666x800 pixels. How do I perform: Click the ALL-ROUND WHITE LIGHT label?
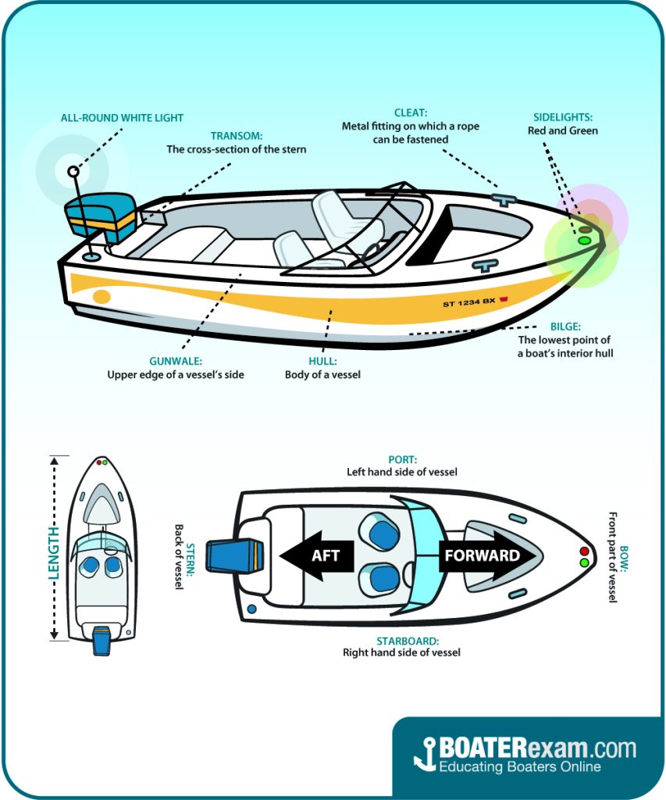tap(122, 118)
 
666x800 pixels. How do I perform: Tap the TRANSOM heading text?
tap(236, 136)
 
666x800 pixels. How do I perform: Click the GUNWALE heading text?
tap(175, 362)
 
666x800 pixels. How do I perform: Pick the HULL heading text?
tap(322, 362)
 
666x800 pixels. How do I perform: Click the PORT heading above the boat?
tap(402, 459)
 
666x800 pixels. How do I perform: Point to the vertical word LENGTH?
tap(54, 551)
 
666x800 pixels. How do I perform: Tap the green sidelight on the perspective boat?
tap(583, 241)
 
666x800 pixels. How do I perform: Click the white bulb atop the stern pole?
tap(73, 170)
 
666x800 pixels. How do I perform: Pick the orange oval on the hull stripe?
tap(102, 296)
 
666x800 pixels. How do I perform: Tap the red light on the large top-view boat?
tap(583, 550)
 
